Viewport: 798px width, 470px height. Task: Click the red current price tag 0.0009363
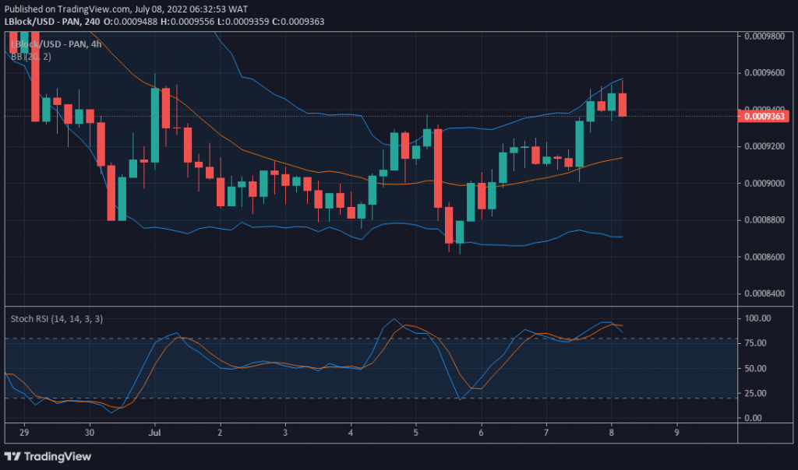(766, 117)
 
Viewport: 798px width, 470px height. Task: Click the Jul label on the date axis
(156, 432)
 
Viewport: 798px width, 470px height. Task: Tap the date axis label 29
(23, 432)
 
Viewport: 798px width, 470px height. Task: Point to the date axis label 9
(676, 432)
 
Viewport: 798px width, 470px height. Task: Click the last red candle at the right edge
(622, 105)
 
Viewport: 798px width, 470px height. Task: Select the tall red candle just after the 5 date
(438, 167)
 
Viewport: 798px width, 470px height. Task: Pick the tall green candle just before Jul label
(155, 125)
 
